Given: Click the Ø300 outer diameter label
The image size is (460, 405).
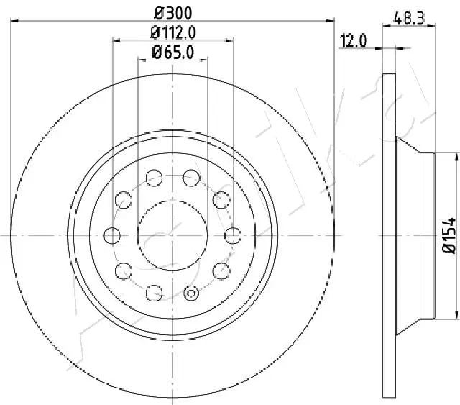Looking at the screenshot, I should click(x=173, y=12).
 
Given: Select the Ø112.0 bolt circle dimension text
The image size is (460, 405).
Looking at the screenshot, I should click(x=173, y=32).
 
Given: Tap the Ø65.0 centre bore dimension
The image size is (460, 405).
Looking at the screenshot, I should click(x=173, y=51).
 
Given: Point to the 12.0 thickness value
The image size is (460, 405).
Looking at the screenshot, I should click(x=353, y=41).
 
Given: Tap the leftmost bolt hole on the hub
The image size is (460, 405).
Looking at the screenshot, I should click(x=112, y=234).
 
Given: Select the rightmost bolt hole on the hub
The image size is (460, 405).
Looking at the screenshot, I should click(x=233, y=234).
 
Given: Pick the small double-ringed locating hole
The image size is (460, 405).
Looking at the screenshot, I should click(x=191, y=292).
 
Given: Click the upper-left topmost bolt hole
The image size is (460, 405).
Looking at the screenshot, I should click(x=153, y=176).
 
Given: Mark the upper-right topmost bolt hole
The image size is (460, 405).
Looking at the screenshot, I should click(x=191, y=176).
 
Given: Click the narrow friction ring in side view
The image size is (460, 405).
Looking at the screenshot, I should click(x=390, y=235).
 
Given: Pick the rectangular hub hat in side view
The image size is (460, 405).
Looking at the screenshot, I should click(x=428, y=235).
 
